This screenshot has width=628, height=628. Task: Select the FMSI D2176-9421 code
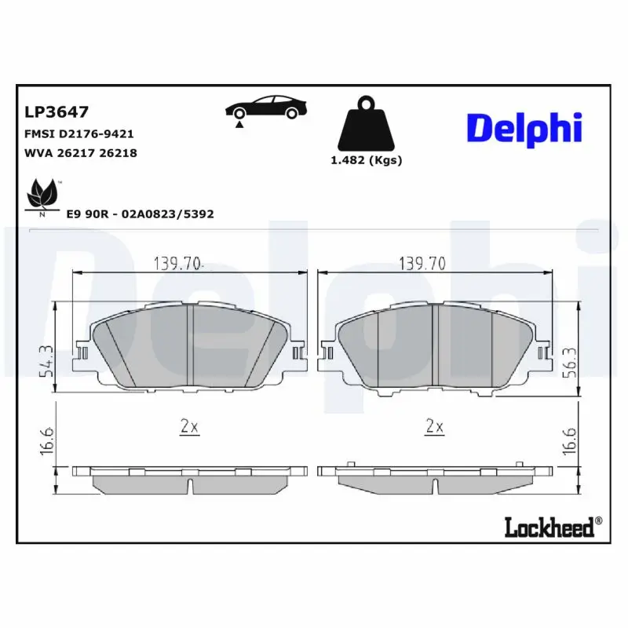tap(79, 134)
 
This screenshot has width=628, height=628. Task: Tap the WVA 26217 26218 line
tap(81, 153)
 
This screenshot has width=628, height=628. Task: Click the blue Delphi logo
tap(524, 128)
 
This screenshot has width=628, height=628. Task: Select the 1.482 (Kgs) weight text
tap(367, 160)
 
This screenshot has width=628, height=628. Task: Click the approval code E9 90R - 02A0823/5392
tap(141, 214)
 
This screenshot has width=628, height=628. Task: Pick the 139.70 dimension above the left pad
tap(177, 264)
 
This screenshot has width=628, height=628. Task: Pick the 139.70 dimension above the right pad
tap(422, 264)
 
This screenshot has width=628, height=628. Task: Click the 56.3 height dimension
tap(571, 362)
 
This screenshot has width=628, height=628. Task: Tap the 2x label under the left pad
tap(189, 426)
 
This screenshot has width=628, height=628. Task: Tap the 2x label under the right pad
tap(434, 426)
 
